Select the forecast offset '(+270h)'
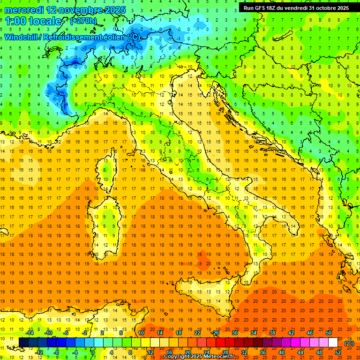coord(84,21)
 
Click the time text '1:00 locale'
coord(33,21)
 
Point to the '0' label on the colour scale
coord(93,352)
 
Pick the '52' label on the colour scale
coord(338,352)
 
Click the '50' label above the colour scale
coord(329,333)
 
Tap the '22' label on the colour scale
coord(197,333)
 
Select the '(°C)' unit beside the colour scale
coord(349,343)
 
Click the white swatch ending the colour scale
coord(333,343)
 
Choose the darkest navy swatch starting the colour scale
coord(23,343)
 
